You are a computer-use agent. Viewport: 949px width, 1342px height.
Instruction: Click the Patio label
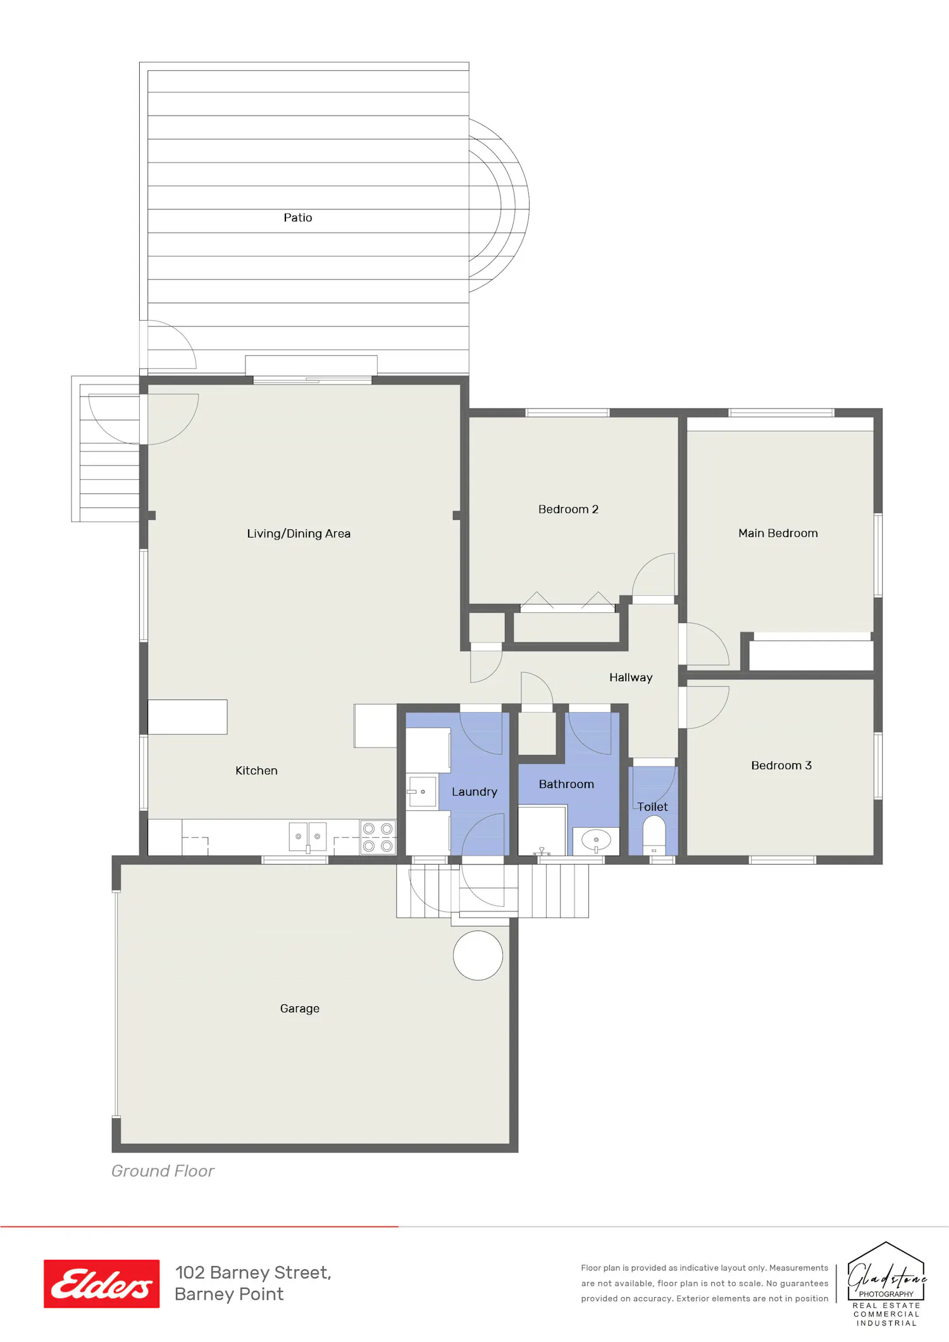coord(297,218)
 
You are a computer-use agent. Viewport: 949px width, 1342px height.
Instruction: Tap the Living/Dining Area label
coord(299,534)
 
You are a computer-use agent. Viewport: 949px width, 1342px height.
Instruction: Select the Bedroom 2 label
coord(568,509)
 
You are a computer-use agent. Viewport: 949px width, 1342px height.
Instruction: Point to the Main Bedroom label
coord(778,533)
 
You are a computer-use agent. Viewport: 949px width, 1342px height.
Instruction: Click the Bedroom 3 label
coord(781,765)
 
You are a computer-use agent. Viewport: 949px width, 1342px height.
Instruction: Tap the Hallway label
coord(631,677)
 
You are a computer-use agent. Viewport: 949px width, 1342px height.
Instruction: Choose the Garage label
coord(300,1009)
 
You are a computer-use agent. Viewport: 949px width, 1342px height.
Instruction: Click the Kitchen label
coord(256,770)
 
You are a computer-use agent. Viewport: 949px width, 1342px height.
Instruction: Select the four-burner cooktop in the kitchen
coord(378,837)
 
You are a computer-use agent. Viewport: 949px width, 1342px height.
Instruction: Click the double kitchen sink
coord(308,837)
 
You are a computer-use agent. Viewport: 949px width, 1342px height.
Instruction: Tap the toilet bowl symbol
coord(654,835)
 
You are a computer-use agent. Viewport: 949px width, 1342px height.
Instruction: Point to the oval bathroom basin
coord(596,840)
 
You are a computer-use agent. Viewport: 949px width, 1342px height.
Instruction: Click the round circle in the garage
coord(478,956)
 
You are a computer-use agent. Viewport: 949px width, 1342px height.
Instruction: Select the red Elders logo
coord(101,1284)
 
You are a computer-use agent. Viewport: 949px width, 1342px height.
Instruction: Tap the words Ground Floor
coord(163,1171)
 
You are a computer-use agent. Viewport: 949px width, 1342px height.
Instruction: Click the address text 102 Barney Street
coord(253,1272)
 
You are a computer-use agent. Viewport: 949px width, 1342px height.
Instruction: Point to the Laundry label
coord(475,792)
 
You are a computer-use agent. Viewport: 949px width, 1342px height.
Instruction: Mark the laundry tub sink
coord(422,792)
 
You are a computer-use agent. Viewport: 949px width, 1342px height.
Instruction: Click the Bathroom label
coord(566,784)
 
